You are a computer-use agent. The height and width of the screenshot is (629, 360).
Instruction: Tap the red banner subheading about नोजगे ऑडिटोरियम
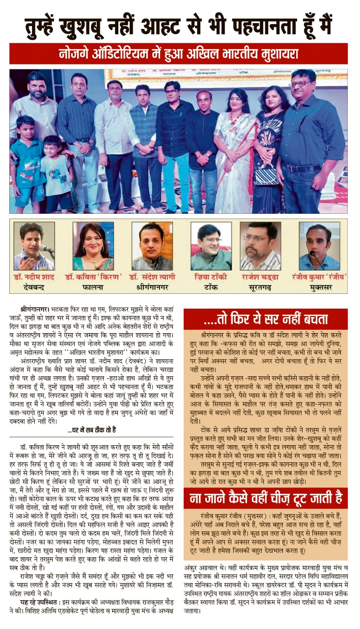tap(180, 53)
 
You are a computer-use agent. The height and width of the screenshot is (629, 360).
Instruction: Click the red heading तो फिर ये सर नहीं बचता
tap(265, 319)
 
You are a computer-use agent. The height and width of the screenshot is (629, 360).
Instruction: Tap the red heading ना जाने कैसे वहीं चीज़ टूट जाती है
tap(265, 499)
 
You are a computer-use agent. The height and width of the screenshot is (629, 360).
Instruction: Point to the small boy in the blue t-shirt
tap(26, 162)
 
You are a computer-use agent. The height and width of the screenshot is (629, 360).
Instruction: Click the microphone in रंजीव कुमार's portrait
tap(314, 255)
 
